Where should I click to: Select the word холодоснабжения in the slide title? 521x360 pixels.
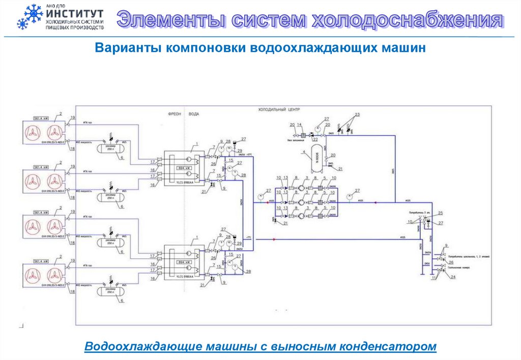click(x=407, y=20)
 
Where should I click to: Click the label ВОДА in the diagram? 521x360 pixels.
click(x=194, y=114)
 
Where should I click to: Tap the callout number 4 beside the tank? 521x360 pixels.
click(x=304, y=152)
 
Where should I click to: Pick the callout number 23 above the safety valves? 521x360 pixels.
click(x=357, y=114)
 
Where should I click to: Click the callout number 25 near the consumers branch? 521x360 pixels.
click(x=441, y=213)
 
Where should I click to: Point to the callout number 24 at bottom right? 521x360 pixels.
click(x=453, y=277)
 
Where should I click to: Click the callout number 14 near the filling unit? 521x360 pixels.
click(x=299, y=125)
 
